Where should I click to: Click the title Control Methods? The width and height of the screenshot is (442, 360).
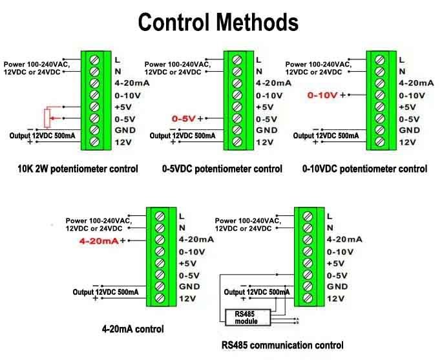[218, 23]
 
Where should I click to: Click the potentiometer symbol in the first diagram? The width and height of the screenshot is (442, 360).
[46, 118]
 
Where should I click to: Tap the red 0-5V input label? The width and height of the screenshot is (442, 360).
[184, 119]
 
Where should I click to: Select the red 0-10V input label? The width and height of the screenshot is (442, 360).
[322, 95]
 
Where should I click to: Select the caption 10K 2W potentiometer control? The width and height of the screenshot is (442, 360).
[78, 169]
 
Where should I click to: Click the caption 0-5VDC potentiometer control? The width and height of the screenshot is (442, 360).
[222, 169]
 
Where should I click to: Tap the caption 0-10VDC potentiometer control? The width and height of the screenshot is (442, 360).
[364, 169]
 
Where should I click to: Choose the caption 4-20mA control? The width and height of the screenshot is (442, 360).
[132, 329]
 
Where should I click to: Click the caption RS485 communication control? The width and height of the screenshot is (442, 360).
[282, 345]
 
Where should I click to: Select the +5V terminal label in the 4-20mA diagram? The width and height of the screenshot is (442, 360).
[187, 263]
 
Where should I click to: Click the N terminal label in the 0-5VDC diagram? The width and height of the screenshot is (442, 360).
[259, 71]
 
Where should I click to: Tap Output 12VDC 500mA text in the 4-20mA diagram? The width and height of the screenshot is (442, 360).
[109, 292]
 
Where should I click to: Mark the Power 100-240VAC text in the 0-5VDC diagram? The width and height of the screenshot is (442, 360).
[176, 64]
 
